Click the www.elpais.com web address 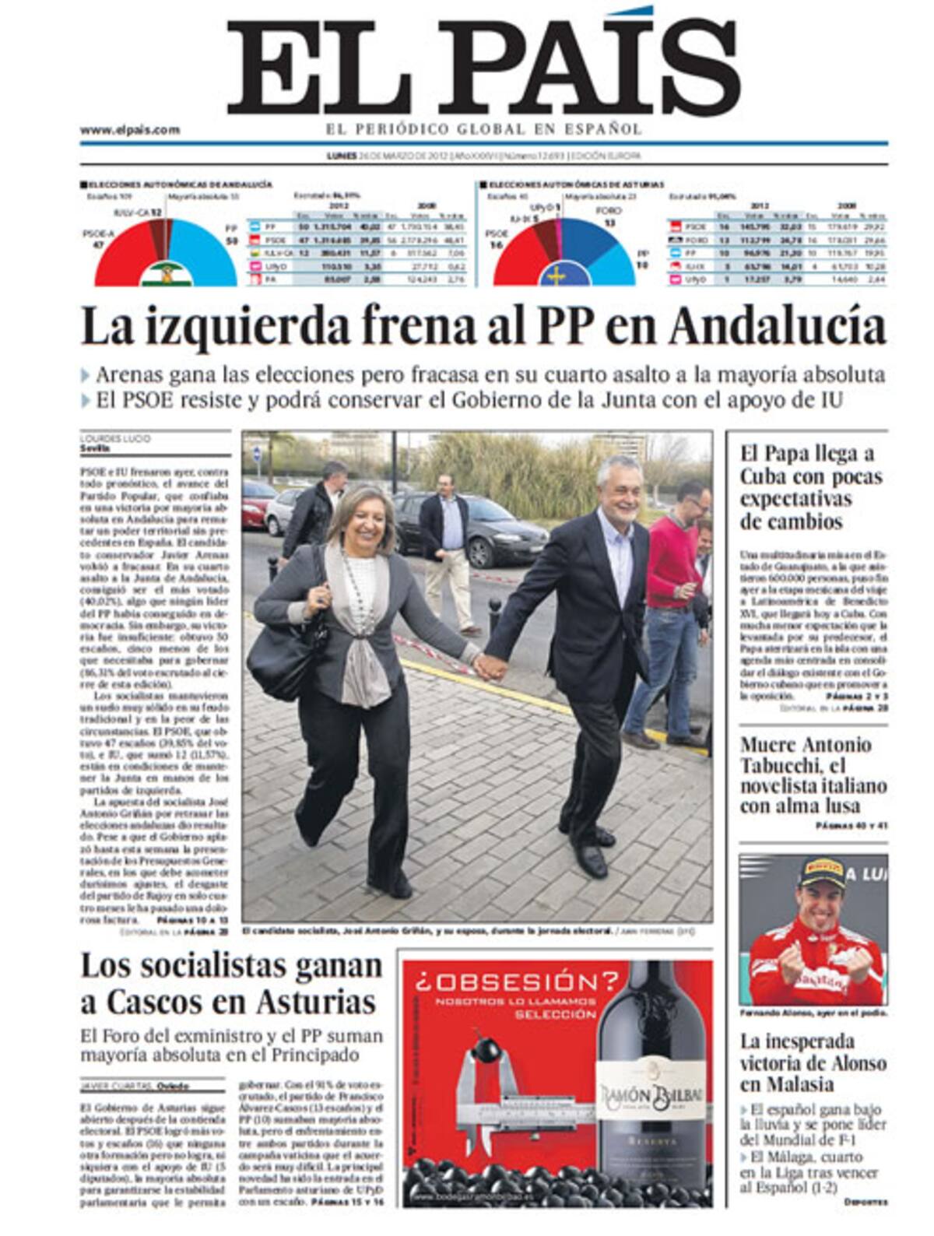(x=129, y=130)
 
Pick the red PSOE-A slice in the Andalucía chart (x=125, y=253)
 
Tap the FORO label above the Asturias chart (x=608, y=211)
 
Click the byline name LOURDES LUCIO (x=116, y=439)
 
